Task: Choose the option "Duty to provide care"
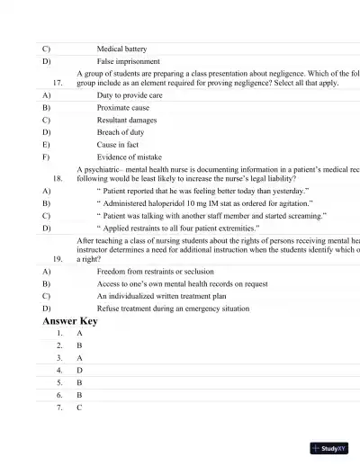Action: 129,94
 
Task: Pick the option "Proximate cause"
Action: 122,107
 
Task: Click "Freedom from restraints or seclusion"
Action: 155,271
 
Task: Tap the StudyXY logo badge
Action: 328,447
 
